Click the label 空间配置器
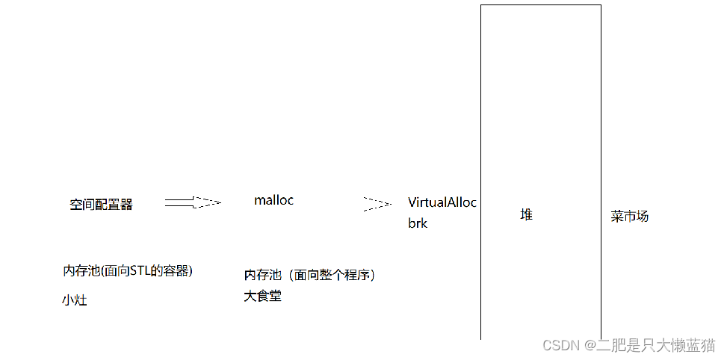point(101,205)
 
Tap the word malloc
point(273,200)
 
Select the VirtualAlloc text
point(442,202)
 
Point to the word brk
point(418,223)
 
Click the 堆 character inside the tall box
point(527,215)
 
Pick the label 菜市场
point(629,217)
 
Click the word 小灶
point(75,301)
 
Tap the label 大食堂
point(262,297)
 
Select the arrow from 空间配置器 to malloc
point(193,202)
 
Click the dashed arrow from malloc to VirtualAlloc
point(377,203)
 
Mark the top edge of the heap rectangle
point(540,5)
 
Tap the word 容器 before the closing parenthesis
point(177,270)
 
